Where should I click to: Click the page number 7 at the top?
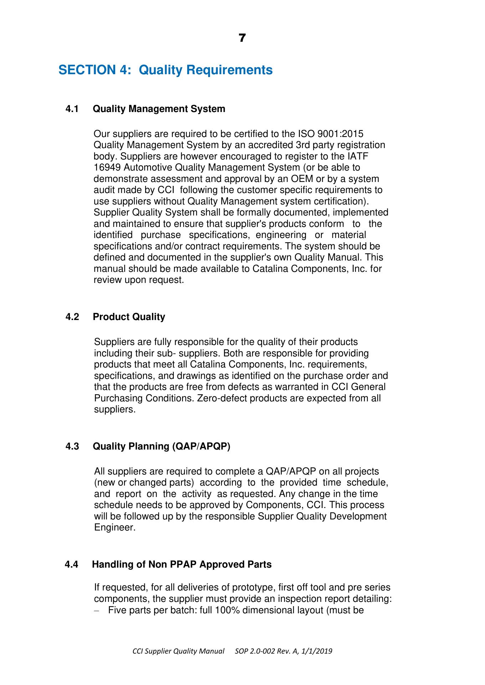pyautogui.click(x=242, y=38)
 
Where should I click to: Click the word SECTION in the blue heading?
pyautogui.click(x=87, y=70)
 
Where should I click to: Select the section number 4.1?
pyautogui.click(x=72, y=109)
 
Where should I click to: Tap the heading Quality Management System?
pyautogui.click(x=159, y=109)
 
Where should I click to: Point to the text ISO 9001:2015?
pyautogui.click(x=330, y=134)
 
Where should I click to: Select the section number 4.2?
pyautogui.click(x=72, y=317)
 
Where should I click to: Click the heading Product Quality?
pyautogui.click(x=129, y=317)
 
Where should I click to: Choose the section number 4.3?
pyautogui.click(x=72, y=446)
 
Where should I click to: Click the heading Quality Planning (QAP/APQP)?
pyautogui.click(x=161, y=446)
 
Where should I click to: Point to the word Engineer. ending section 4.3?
pyautogui.click(x=115, y=528)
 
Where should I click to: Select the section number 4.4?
pyautogui.click(x=72, y=564)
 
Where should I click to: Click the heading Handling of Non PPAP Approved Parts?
pyautogui.click(x=182, y=564)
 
